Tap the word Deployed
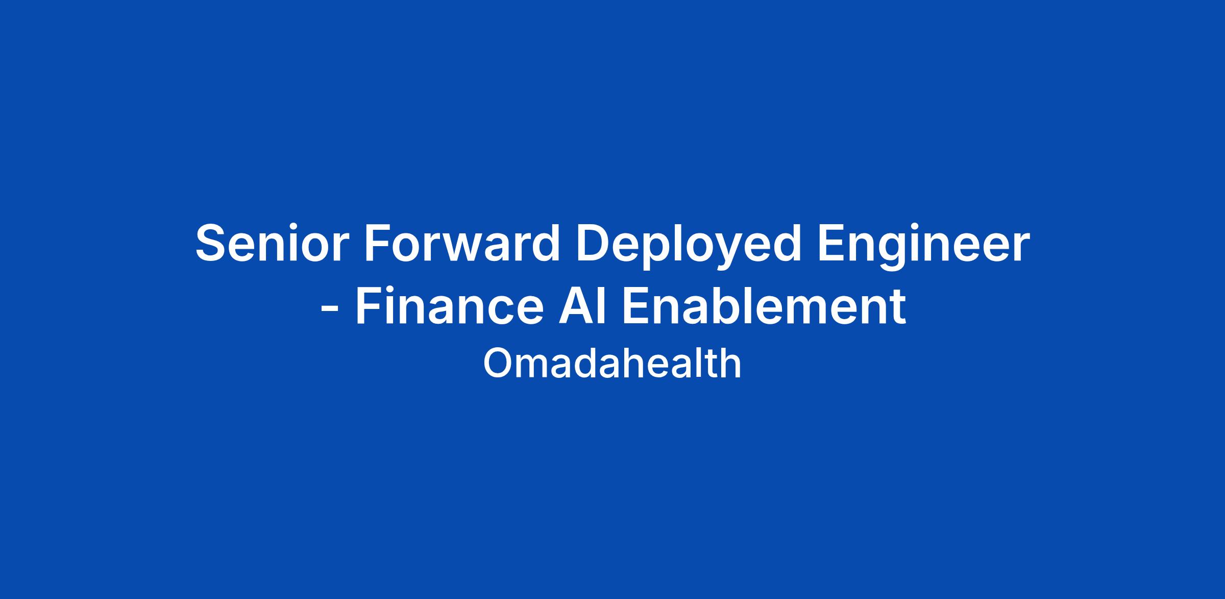click(688, 247)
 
